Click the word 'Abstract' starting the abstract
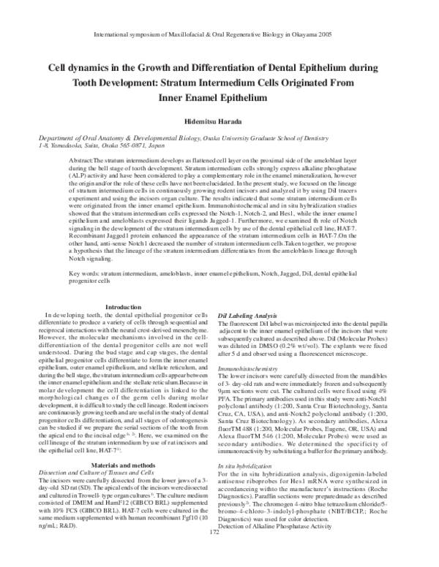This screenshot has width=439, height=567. coord(81,159)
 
